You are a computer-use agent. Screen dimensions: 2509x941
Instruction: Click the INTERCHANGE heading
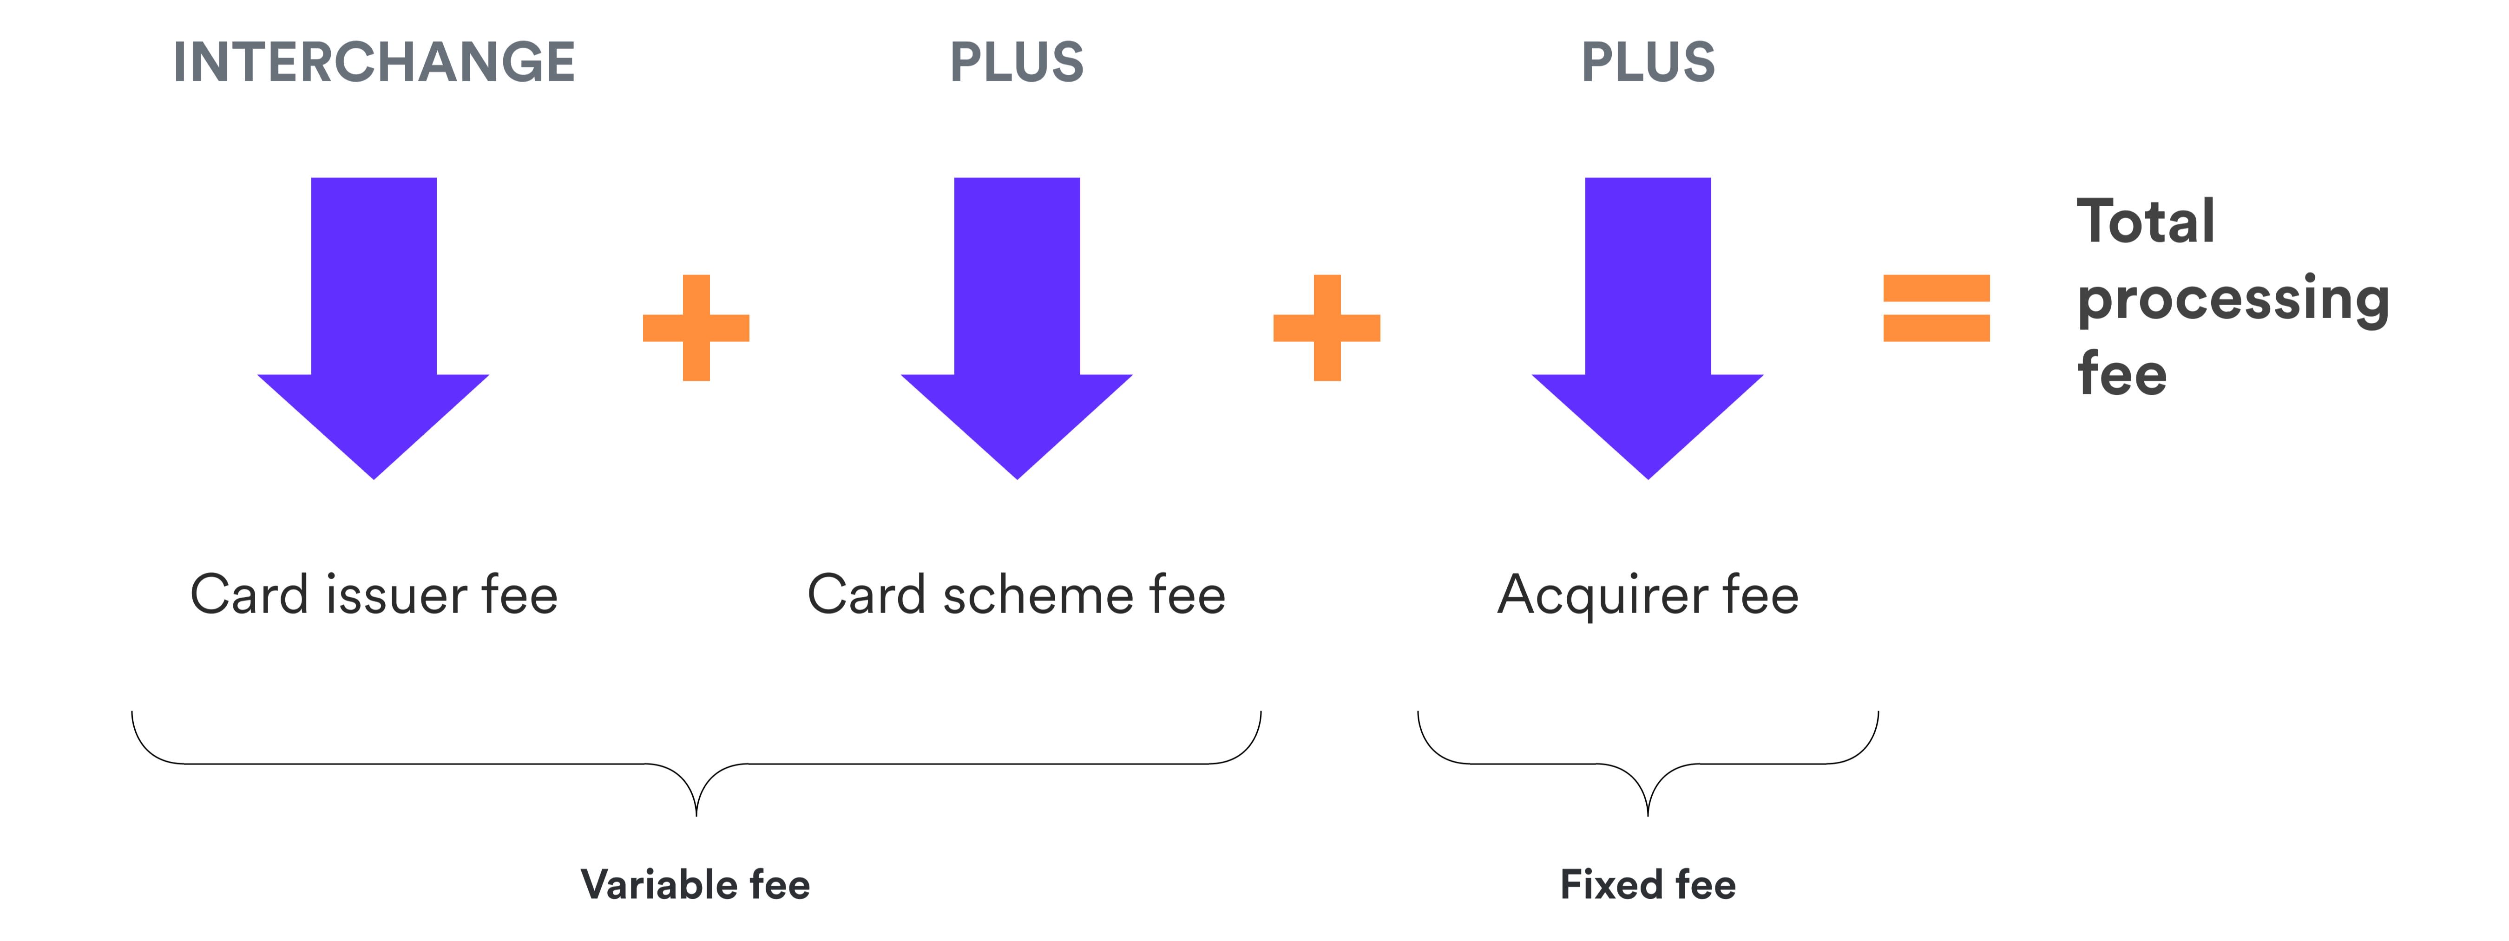coord(374,62)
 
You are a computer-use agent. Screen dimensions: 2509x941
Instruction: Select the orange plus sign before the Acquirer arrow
coord(1327,327)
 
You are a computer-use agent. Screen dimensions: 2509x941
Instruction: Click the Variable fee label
coord(696,884)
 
